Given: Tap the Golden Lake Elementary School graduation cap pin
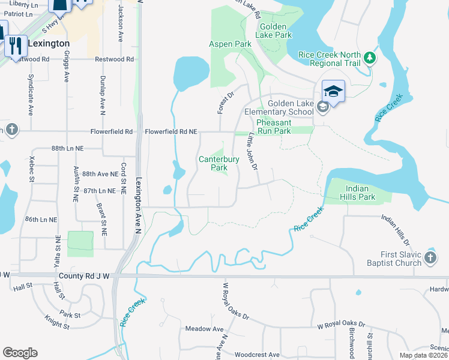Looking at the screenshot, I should tap(333, 92).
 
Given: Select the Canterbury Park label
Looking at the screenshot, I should tap(213, 163).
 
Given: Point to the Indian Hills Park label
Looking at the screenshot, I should tap(358, 192).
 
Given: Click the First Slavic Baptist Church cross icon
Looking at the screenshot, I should tap(430, 257).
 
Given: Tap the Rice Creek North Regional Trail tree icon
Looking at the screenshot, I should tap(370, 58).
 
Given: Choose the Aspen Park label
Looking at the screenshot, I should tap(230, 44).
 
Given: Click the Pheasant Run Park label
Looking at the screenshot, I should tap(274, 127).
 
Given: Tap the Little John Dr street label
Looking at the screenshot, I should tap(253, 151).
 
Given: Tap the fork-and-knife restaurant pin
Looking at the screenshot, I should tap(16, 44).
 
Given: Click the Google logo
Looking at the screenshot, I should tap(20, 352).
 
